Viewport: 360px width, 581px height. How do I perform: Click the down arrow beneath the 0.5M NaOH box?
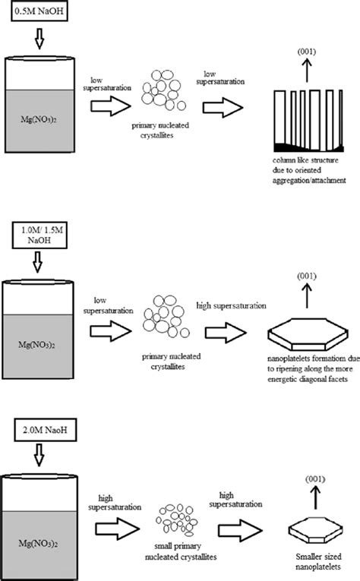pyautogui.click(x=39, y=39)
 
